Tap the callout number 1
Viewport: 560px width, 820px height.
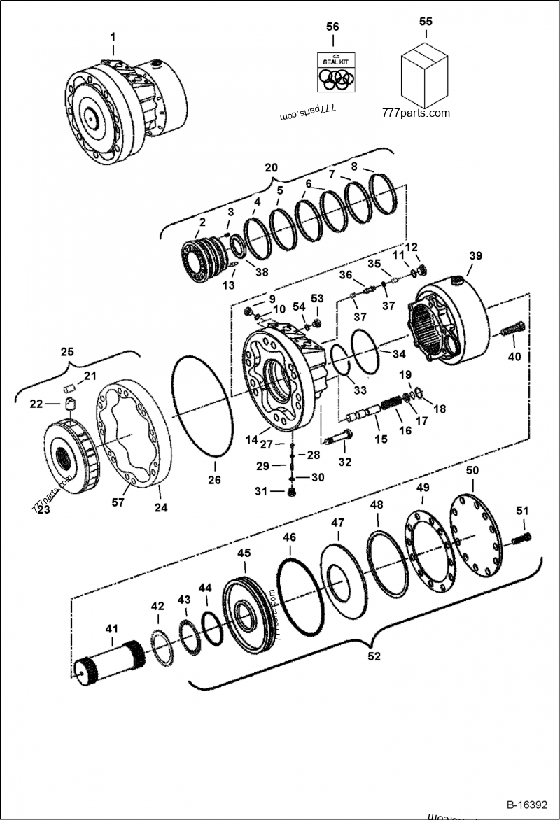(x=113, y=36)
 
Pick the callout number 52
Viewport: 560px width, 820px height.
(x=374, y=656)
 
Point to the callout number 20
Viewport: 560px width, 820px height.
(x=271, y=168)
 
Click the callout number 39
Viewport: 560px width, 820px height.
(x=475, y=256)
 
